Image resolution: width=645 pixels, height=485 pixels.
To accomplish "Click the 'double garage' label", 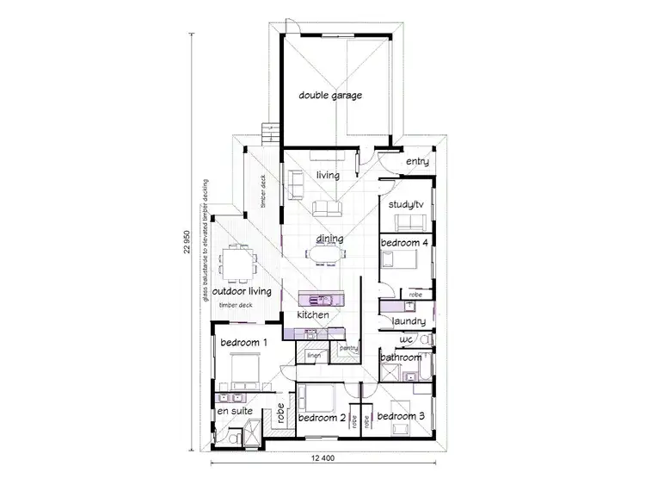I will pyautogui.click(x=329, y=95).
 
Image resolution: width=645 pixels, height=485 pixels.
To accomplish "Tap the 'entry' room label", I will pyautogui.click(x=417, y=162).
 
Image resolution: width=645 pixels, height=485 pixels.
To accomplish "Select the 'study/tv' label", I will pyautogui.click(x=407, y=204).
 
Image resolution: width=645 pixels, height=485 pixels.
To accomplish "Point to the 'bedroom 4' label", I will pyautogui.click(x=404, y=243).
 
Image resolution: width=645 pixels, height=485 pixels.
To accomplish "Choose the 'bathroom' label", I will pyautogui.click(x=402, y=358).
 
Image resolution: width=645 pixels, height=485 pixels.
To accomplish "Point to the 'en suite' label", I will pyautogui.click(x=234, y=412).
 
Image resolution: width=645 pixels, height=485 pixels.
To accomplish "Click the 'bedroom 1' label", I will pyautogui.click(x=244, y=343).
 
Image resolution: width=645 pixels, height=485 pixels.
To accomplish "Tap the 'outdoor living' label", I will pyautogui.click(x=242, y=291).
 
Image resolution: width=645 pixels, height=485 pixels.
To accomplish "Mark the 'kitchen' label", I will pyautogui.click(x=313, y=315).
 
